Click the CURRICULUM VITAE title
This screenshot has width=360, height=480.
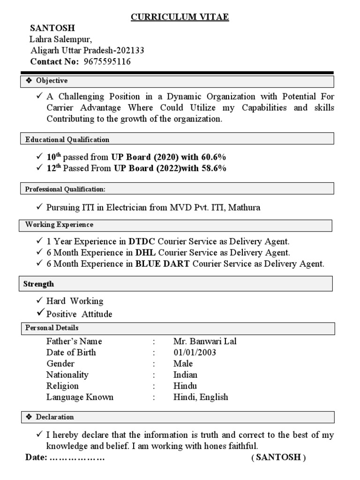180,17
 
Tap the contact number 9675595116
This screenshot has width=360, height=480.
107,61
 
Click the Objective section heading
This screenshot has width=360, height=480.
52,81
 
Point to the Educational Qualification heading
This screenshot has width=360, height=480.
67,139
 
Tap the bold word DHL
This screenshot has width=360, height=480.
145,253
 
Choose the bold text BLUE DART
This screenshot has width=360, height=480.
163,264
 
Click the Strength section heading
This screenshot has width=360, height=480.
39,284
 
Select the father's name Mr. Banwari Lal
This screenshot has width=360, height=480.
205,341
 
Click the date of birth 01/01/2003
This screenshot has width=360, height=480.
195,352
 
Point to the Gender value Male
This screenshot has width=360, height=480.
183,364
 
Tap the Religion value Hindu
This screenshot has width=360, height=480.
185,386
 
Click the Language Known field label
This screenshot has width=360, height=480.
80,397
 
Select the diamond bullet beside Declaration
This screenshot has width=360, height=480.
29,417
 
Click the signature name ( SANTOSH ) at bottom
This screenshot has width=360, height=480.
278,457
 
